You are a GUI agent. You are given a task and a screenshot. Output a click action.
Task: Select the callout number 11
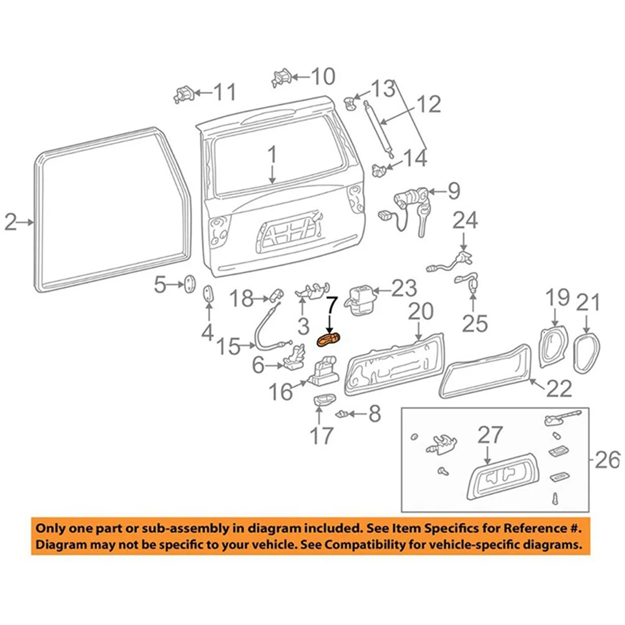225,92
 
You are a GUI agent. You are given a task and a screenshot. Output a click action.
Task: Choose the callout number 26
607,459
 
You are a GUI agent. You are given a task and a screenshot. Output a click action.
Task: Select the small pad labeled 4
208,293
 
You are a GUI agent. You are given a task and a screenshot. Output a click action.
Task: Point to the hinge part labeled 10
281,78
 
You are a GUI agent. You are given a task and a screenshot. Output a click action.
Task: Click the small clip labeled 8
342,414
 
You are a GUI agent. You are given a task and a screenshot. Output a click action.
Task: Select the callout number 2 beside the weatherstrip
10,222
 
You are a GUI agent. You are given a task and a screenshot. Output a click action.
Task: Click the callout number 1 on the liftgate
272,155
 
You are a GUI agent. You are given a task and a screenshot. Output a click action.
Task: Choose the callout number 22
559,388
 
